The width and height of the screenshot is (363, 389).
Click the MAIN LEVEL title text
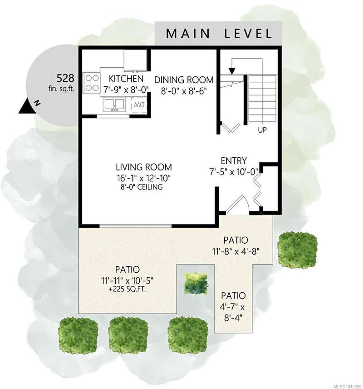pos(219,34)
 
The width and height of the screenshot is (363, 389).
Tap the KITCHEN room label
pos(126,79)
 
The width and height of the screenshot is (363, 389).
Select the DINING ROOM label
pos(184,80)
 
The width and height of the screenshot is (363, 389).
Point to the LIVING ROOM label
pos(144,167)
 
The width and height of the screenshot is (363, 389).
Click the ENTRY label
pos(234,161)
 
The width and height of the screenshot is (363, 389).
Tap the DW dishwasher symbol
pos(139,105)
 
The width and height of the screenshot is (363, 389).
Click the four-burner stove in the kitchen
pos(92,83)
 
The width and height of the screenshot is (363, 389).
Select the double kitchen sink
pos(114,104)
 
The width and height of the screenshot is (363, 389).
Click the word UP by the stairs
pos(262,130)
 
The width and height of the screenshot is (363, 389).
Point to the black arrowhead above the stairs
pos(232,71)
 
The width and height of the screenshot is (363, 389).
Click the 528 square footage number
pos(65,78)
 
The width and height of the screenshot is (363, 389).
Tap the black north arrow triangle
pos(26,107)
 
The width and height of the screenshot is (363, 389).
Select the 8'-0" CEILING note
pos(142,187)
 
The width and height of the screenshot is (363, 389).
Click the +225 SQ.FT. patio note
pos(128,289)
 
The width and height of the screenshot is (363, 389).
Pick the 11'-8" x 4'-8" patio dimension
pos(235,252)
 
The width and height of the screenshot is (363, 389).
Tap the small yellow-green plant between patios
pos(196,283)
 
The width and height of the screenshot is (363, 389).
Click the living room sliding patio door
pos(135,226)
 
